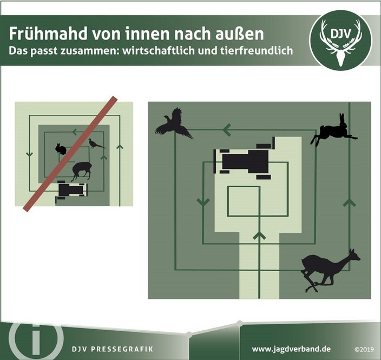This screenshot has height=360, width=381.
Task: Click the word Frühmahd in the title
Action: [48, 34]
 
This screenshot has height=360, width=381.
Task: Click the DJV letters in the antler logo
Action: [340, 34]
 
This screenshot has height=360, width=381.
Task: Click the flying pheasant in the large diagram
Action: [174, 124]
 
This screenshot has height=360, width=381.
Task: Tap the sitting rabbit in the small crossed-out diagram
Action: [61, 149]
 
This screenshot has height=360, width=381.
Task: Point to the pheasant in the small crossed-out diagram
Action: [96, 143]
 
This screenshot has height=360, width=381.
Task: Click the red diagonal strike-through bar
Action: [70, 154]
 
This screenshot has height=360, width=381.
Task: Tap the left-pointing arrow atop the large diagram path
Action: [227, 129]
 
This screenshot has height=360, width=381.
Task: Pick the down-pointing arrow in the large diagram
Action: [203, 202]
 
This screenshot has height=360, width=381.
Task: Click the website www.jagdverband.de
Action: [291, 349]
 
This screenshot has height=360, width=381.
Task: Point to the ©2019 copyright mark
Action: [364, 350]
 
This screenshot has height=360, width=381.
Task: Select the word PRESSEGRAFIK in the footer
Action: [122, 349]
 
